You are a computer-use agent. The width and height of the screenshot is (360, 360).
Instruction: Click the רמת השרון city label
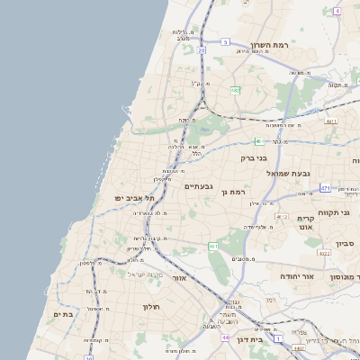click(268, 45)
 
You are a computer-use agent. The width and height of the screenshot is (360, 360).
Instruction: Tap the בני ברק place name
click(254, 158)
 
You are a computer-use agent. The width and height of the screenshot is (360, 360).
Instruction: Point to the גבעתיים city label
click(199, 186)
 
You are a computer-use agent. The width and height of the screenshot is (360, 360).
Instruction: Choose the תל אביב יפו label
click(135, 197)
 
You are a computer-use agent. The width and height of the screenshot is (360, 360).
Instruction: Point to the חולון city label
click(150, 307)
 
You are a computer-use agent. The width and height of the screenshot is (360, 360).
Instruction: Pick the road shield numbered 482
click(235, 90)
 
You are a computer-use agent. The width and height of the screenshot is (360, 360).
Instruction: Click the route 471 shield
click(324, 188)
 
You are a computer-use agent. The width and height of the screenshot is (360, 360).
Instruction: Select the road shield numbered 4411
click(331, 120)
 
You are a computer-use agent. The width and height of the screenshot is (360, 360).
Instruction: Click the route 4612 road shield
click(282, 217)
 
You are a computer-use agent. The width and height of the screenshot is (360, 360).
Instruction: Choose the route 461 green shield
click(212, 246)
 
